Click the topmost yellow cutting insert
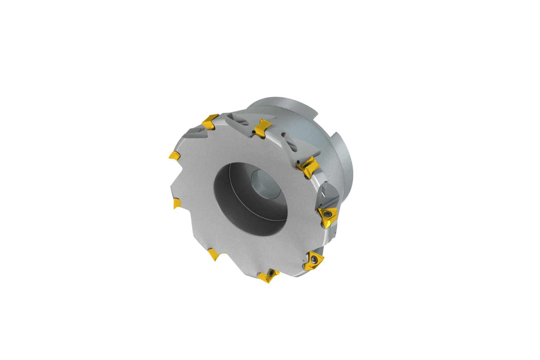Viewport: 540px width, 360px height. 210,121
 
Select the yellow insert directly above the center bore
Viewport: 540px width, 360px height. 262,127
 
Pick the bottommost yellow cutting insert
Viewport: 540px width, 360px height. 268,276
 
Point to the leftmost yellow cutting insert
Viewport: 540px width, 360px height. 175,156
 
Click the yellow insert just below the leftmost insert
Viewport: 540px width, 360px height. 177,204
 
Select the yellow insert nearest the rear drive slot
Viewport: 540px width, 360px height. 310,167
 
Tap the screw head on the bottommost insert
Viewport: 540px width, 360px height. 270,275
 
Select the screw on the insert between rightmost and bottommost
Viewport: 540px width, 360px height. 315,259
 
